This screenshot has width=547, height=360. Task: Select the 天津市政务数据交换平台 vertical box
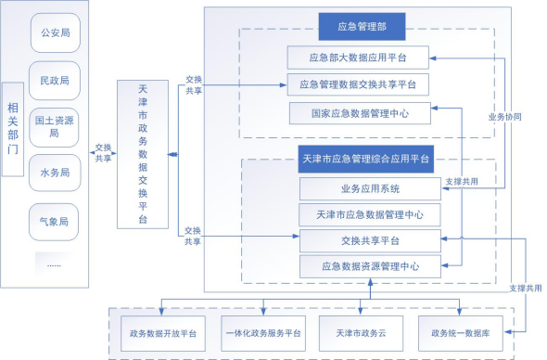(142, 153)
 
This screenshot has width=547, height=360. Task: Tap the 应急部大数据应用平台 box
(357, 58)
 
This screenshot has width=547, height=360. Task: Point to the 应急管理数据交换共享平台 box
(357, 85)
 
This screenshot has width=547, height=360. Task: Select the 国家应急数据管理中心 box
(357, 112)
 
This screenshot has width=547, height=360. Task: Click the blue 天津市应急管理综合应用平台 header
(368, 160)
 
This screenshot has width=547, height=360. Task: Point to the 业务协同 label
(504, 118)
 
